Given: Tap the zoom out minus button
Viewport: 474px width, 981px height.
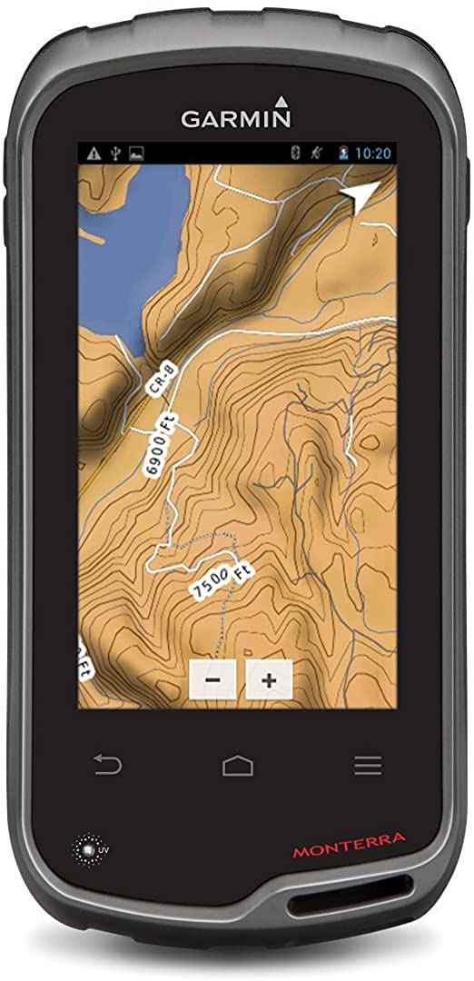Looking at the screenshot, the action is click(x=212, y=679).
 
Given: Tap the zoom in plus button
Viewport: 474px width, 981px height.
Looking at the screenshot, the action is click(x=269, y=679).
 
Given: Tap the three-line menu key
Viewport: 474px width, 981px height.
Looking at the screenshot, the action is click(x=368, y=767).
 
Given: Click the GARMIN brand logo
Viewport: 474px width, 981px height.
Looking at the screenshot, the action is click(x=236, y=115).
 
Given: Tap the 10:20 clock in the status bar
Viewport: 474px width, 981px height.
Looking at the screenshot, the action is click(x=372, y=153).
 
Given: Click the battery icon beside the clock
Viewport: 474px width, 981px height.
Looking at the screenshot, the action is click(x=343, y=153).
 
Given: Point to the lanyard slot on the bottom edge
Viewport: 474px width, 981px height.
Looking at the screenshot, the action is click(x=350, y=904).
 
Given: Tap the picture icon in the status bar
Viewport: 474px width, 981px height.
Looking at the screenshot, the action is click(x=136, y=153).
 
